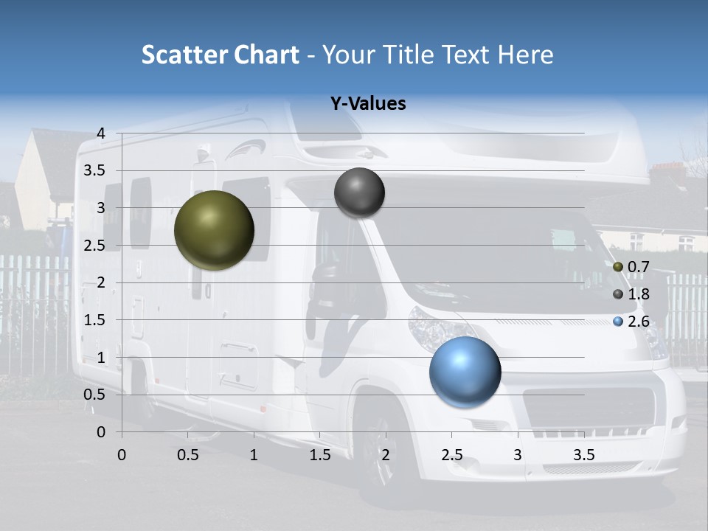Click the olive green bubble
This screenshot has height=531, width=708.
pos(214,230)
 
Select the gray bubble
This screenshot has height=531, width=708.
pos(359,192)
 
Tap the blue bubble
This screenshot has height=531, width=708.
pos(465,372)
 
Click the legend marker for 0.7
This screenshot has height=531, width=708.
pos(618,266)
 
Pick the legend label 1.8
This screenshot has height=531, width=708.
pos(638,294)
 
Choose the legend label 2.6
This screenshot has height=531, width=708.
pos(638,322)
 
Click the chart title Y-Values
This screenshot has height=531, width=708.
pos(368,104)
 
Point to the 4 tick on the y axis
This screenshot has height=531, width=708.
pos(102,133)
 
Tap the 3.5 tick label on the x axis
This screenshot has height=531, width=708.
pos(583,455)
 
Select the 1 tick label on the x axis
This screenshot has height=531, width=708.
pos(254,455)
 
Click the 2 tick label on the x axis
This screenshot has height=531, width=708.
pos(386,455)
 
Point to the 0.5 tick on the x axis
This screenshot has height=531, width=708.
pos(188,455)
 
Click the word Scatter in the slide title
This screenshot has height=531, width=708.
pos(184,55)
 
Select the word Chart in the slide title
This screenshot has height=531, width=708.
pos(267,55)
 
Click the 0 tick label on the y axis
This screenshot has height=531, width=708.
pos(102,432)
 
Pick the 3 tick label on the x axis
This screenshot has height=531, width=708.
pos(518,455)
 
